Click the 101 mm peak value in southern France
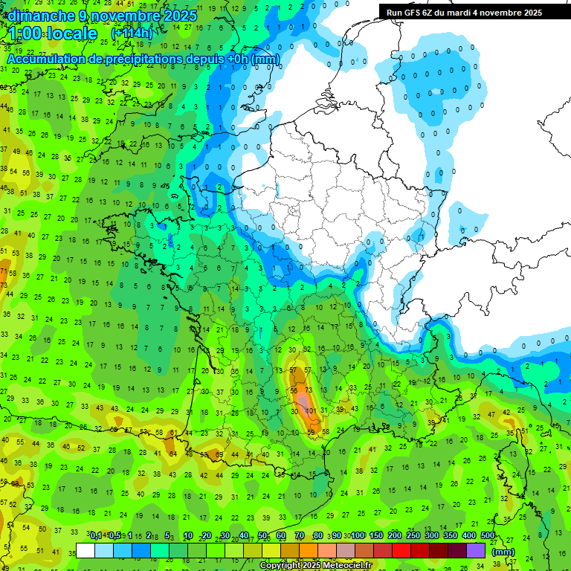coord(312,410)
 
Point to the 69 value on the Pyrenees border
coord(219,455)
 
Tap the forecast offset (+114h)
coord(132,33)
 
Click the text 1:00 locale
coord(53,33)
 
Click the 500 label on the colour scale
coord(487,536)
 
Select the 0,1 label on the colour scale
coord(96,536)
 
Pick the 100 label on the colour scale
coord(358,536)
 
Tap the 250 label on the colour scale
coord(413,536)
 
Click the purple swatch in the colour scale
coord(477,550)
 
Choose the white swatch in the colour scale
coord(86,550)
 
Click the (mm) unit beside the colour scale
coord(503,551)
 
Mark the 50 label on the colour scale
coord(262,536)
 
